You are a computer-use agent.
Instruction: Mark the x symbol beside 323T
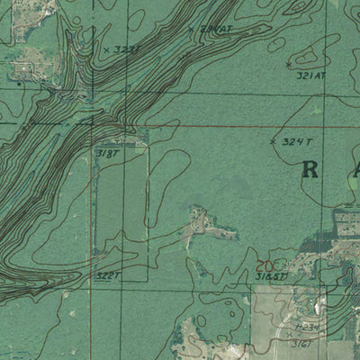coord(105,49)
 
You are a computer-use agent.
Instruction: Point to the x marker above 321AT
coord(288,64)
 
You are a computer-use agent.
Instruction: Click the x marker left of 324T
coord(273,141)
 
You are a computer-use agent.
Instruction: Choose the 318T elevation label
coord(107,154)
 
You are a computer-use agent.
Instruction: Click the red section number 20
coord(264,265)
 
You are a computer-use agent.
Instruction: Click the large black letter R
coord(311,169)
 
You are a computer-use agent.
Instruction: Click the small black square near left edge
coord(20,83)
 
